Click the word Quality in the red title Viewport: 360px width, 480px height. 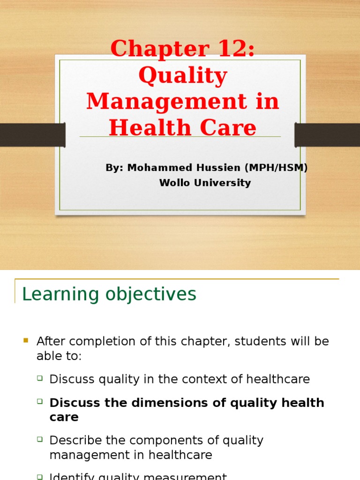[x=183, y=76]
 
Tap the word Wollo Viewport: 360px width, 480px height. [x=174, y=183]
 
